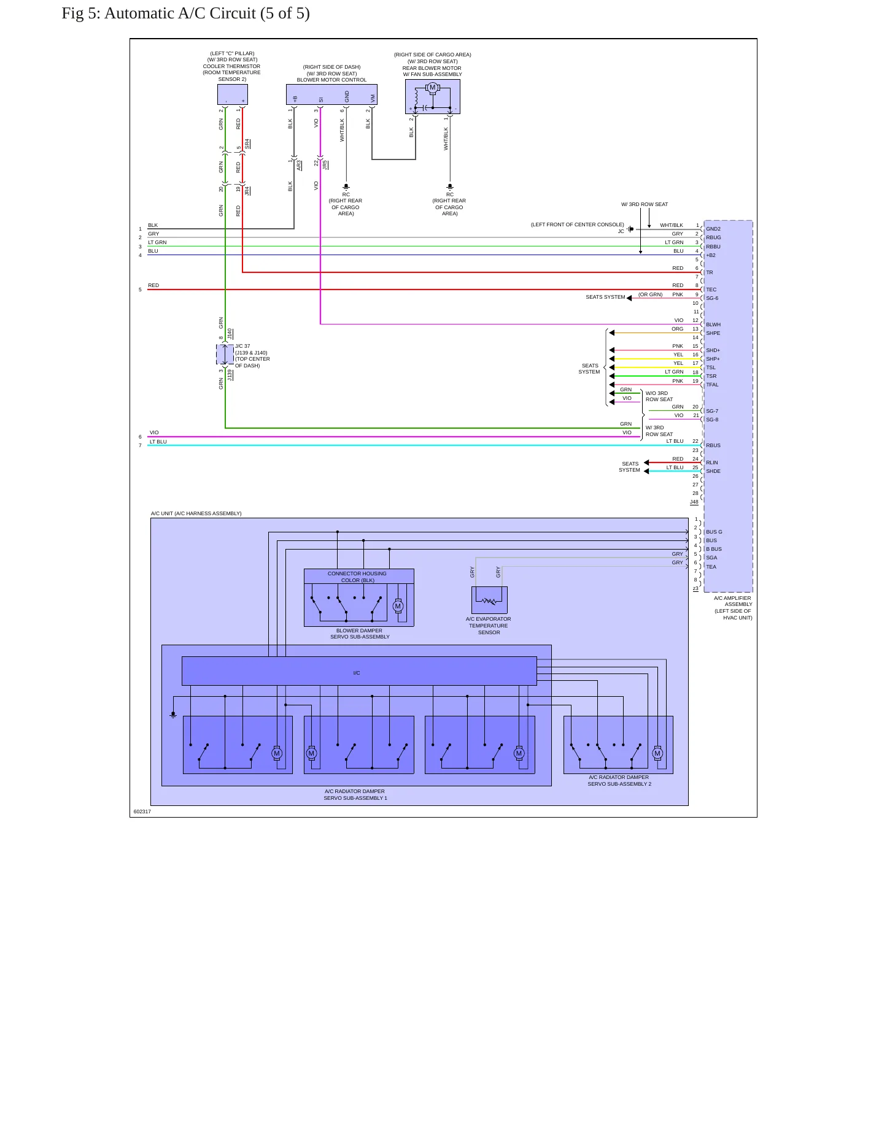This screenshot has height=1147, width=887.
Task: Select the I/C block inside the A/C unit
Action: tap(359, 671)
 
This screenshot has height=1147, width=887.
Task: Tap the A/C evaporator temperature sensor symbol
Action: tap(489, 600)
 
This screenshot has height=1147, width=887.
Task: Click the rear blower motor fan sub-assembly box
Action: tap(433, 96)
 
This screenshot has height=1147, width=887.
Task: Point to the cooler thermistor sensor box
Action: tap(233, 94)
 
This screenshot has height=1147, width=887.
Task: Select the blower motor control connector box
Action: tap(331, 94)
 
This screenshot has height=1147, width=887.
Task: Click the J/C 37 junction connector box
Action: tap(225, 355)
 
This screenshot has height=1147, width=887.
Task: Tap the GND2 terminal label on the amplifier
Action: tap(713, 229)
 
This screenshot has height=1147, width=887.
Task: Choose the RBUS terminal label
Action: tap(713, 445)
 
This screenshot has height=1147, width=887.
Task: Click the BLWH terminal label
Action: tap(713, 324)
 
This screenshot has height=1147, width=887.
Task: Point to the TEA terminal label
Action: tap(711, 567)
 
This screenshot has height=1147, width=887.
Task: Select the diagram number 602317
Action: tap(142, 811)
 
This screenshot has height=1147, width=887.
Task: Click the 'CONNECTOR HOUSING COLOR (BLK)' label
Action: tap(357, 577)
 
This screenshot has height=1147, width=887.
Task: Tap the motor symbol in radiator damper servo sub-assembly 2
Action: tap(657, 753)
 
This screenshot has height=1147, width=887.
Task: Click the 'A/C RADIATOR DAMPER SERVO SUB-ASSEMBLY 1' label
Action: tap(355, 795)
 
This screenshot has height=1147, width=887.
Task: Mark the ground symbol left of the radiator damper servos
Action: tap(173, 715)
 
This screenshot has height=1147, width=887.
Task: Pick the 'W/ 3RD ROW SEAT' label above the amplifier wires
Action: tap(645, 204)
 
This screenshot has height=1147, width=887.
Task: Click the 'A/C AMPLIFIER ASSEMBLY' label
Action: tap(733, 601)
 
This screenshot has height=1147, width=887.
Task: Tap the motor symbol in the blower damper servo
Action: tap(398, 606)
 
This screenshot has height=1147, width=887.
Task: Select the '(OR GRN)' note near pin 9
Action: tap(651, 294)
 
